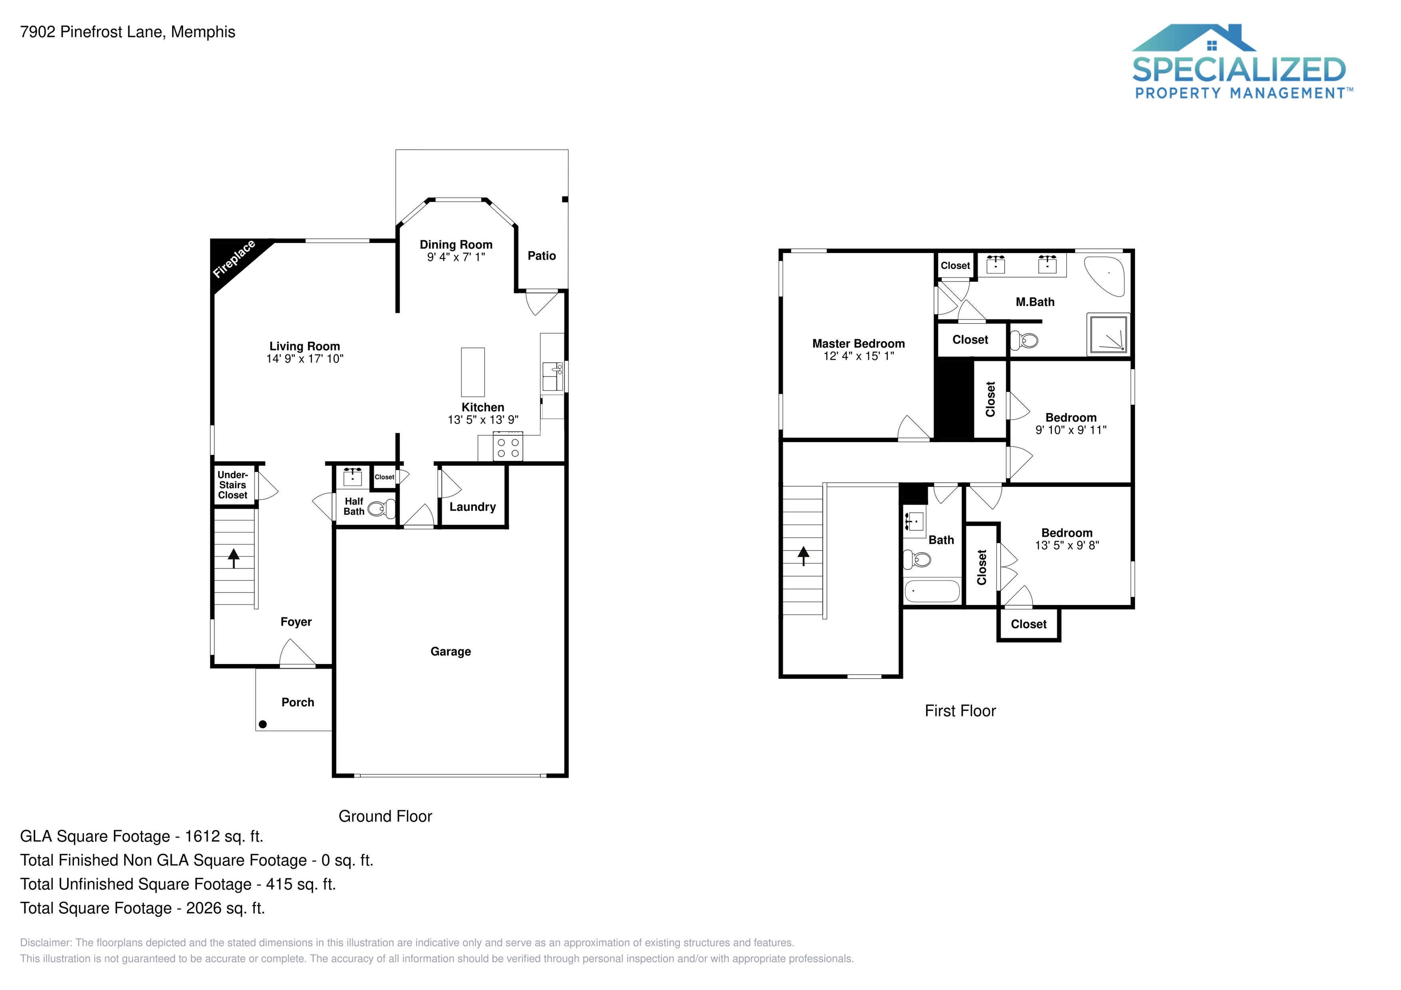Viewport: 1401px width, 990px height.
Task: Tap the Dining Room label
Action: (456, 245)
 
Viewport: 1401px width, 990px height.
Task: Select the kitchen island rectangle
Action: (472, 372)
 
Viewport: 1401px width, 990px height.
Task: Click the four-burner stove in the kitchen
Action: (508, 447)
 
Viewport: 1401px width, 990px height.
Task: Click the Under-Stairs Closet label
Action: (233, 485)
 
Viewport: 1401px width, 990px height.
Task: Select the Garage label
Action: (450, 651)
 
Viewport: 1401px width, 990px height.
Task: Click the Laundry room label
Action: (472, 507)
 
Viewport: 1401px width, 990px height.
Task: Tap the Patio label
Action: (541, 256)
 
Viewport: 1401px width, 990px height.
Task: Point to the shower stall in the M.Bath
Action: (1107, 334)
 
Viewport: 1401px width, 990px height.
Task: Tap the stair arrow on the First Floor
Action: (803, 555)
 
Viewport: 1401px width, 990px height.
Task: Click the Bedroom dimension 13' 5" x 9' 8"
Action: (1067, 545)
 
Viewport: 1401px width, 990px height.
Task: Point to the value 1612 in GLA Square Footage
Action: (202, 836)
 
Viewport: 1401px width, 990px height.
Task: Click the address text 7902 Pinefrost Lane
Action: (92, 32)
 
